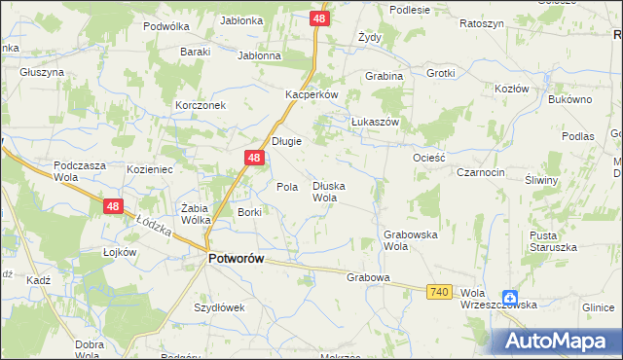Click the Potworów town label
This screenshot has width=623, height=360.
pyautogui.click(x=238, y=259)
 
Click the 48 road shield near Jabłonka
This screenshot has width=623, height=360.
pyautogui.click(x=320, y=18)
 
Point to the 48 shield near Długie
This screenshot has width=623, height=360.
pyautogui.click(x=253, y=158)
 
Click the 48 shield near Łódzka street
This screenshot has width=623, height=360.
pyautogui.click(x=113, y=206)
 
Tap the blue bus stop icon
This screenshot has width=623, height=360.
pyautogui.click(x=510, y=298)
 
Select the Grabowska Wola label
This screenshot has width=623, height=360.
pyautogui.click(x=409, y=240)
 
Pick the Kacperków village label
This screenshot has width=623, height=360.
pyautogui.click(x=311, y=95)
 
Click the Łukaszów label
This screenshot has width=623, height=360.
pyautogui.click(x=375, y=122)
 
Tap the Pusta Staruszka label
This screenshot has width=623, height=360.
pyautogui.click(x=553, y=241)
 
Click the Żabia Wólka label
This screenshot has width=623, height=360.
pyautogui.click(x=197, y=214)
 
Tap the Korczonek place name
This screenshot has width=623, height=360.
pyautogui.click(x=201, y=105)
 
